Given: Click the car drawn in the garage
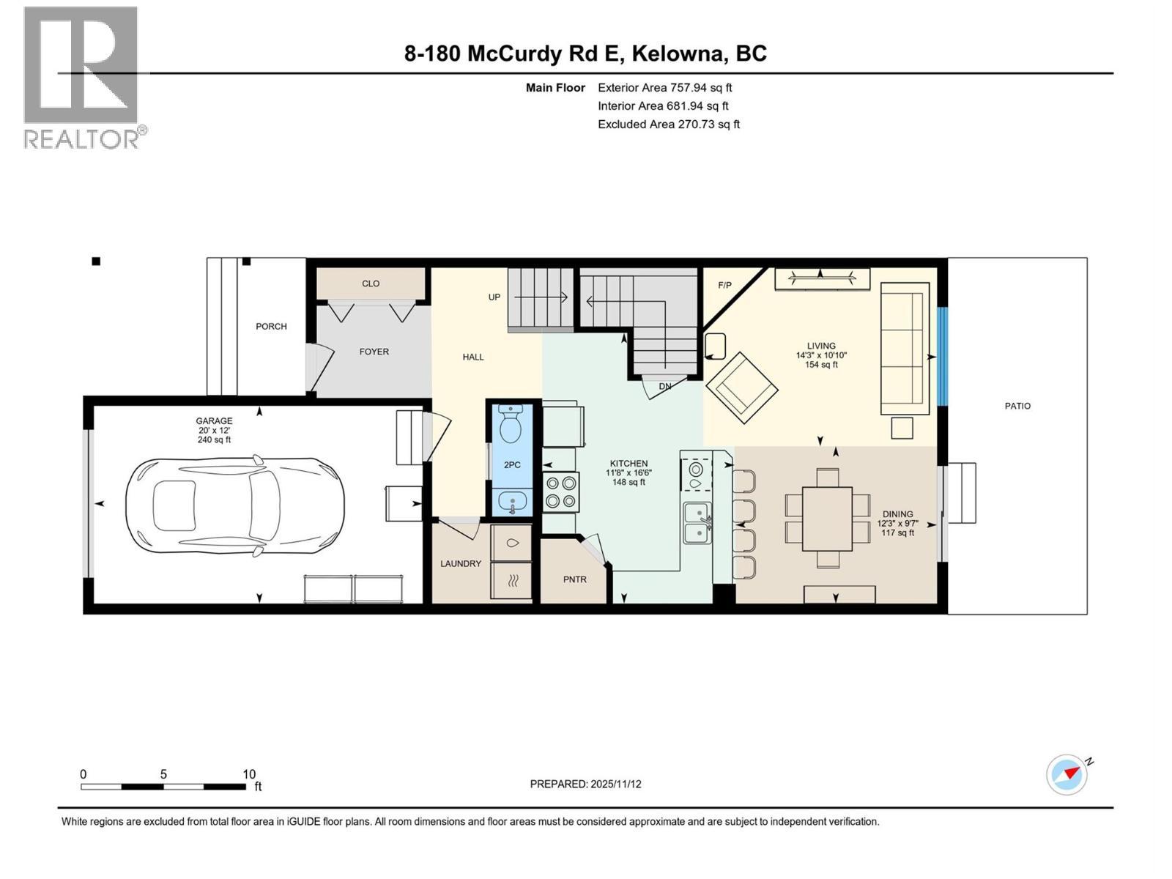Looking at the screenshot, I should point(235,505).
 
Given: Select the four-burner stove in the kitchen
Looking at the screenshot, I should point(560,492).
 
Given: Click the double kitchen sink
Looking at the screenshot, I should point(697,523).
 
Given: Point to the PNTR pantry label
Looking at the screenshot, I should point(575,579).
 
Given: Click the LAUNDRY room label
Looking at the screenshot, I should point(461,563).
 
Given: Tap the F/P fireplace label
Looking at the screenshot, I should point(724,285).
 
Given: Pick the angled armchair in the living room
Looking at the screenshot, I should point(741,387).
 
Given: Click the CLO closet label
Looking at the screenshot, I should point(371,283).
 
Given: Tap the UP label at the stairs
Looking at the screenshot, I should point(494,297).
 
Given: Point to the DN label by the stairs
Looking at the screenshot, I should point(665,386).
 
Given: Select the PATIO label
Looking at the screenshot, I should point(1017,406).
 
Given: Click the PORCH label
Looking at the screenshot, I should point(271,326).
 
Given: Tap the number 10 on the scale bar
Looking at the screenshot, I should point(249,774).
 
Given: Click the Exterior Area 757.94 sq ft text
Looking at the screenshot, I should point(664,87).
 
